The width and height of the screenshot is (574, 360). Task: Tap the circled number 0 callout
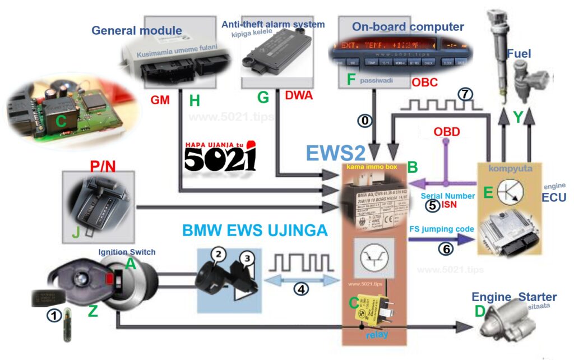coord(365,120)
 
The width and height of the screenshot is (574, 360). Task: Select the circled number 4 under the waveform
coord(302,289)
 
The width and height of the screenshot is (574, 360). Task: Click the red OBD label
coord(447,132)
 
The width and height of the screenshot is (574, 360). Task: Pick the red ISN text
coord(449,204)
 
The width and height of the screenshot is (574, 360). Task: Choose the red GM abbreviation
coord(160,100)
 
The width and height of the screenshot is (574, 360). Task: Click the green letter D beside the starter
coord(480,311)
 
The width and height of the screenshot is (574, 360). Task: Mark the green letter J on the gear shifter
coord(75,230)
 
